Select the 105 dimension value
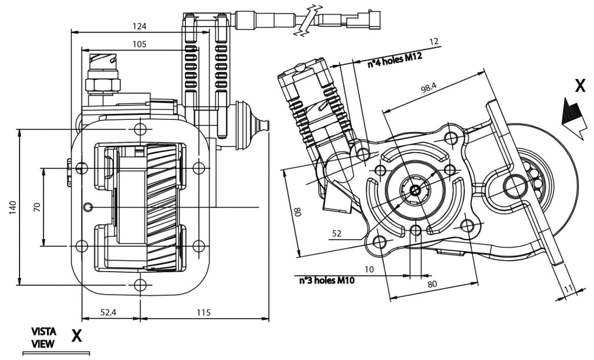click(x=139, y=44)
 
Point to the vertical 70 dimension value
click(x=37, y=207)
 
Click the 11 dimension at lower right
click(x=568, y=288)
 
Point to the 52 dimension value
click(x=337, y=234)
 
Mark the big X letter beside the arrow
click(x=580, y=86)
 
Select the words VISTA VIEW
click(x=44, y=338)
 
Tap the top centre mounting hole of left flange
click(x=140, y=128)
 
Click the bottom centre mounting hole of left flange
click(x=140, y=284)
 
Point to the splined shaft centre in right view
click(x=415, y=190)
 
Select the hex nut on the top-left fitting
click(x=103, y=84)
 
